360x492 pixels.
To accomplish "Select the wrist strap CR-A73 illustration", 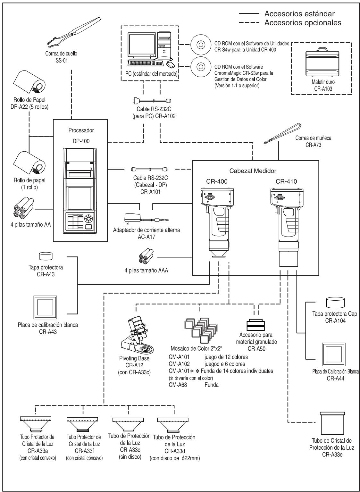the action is click(x=282, y=134).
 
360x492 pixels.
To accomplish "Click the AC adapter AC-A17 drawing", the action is click(x=147, y=218).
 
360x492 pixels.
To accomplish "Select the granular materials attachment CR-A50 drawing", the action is click(x=256, y=325).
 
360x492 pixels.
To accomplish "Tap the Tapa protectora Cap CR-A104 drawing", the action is click(x=335, y=303).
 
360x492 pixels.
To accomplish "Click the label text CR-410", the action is click(x=286, y=181).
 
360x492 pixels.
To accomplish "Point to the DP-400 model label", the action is click(x=81, y=141).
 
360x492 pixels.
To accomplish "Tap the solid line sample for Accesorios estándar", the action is click(x=249, y=13).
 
